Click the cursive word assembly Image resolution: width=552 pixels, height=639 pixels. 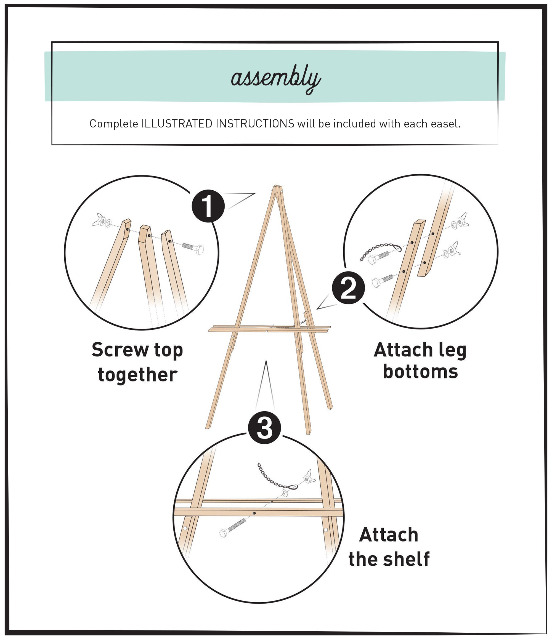[x=275, y=78]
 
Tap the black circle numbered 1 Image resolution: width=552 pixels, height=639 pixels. [x=208, y=206]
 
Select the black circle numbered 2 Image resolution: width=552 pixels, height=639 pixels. [x=348, y=287]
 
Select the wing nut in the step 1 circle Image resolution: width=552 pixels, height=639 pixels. [x=99, y=220]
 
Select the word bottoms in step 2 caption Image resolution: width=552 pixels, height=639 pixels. [x=420, y=372]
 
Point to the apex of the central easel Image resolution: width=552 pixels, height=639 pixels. [x=277, y=187]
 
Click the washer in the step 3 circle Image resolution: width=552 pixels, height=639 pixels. [x=285, y=492]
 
